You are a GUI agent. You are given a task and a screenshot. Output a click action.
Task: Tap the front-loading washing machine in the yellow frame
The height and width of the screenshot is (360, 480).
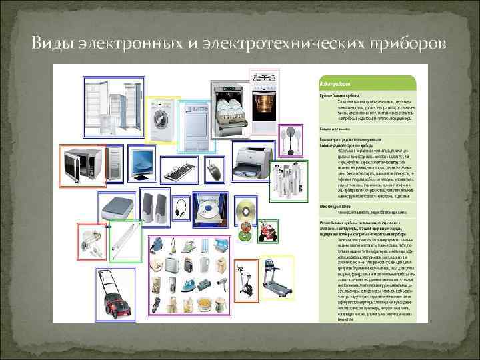click(x=162, y=121)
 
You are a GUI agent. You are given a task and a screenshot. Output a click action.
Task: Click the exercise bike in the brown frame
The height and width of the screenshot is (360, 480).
click(x=246, y=281)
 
